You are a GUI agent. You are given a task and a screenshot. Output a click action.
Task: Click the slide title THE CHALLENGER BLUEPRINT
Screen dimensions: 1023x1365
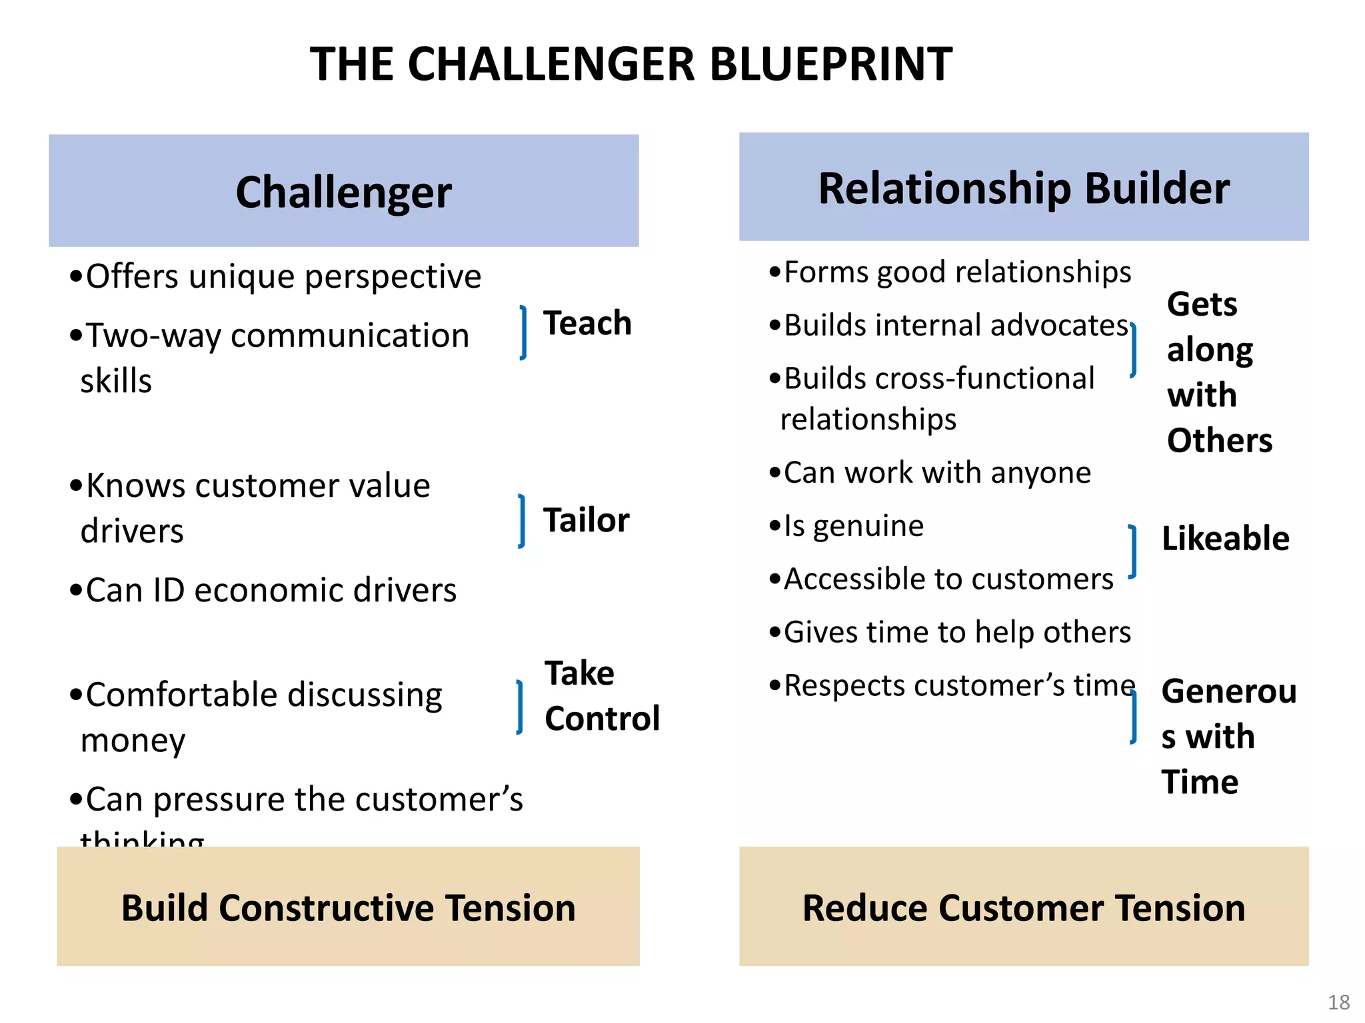631,65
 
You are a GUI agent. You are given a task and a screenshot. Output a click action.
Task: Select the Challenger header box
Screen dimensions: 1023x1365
343,191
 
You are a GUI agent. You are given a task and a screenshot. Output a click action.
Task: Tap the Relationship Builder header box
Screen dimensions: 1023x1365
1023,187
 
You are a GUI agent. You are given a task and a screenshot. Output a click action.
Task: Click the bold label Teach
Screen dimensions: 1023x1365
587,324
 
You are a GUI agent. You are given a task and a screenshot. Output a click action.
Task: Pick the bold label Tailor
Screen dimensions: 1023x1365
586,520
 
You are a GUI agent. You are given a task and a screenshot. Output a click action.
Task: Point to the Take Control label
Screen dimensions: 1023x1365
601,695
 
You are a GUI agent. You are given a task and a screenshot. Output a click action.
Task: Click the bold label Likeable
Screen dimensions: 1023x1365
1225,538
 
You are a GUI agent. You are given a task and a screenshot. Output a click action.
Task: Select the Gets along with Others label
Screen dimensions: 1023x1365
1218,372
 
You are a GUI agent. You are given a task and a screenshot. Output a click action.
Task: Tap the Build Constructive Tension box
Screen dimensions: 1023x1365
348,906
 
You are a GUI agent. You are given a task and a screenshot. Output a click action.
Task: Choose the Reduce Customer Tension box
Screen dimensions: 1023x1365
1023,906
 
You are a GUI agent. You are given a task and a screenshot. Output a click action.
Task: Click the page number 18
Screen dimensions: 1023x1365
1338,1002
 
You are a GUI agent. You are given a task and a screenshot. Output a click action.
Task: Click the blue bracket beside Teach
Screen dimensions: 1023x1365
524,332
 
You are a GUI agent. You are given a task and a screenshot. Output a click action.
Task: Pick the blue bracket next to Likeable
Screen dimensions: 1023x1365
1132,551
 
